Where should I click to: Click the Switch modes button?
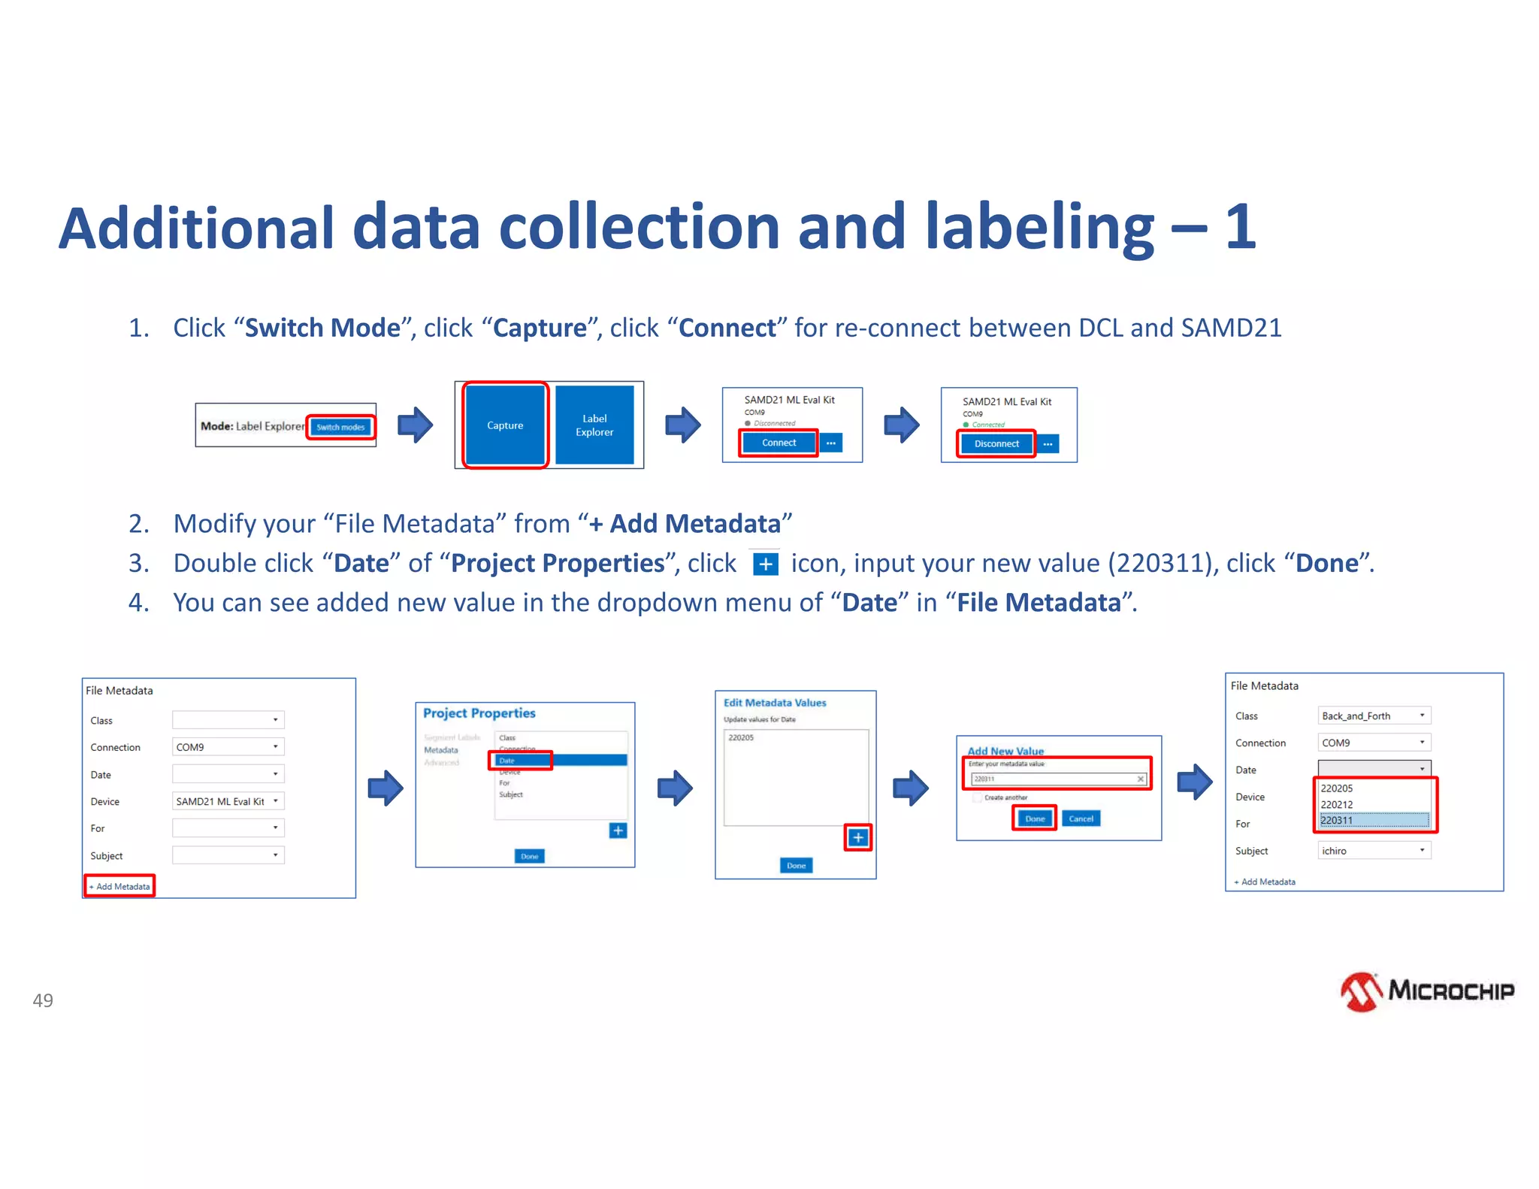(x=340, y=427)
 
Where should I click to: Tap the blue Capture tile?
(x=505, y=425)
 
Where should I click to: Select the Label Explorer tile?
(x=594, y=425)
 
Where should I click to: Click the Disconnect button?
(x=996, y=443)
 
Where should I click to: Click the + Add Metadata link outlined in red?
(x=119, y=886)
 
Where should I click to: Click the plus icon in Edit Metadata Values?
(x=858, y=837)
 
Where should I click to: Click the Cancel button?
(x=1081, y=818)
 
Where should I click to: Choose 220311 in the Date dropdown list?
(x=1374, y=821)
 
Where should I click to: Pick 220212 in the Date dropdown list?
(x=1374, y=804)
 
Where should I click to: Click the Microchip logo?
(x=1427, y=991)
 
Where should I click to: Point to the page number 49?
(x=43, y=1000)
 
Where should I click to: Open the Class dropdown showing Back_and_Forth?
(x=1374, y=716)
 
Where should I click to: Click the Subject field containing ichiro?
(x=1374, y=851)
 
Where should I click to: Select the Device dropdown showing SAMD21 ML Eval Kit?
(x=228, y=801)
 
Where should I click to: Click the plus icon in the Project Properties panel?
(x=618, y=830)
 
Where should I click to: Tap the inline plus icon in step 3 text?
(x=765, y=564)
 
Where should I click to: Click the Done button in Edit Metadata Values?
(x=796, y=866)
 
